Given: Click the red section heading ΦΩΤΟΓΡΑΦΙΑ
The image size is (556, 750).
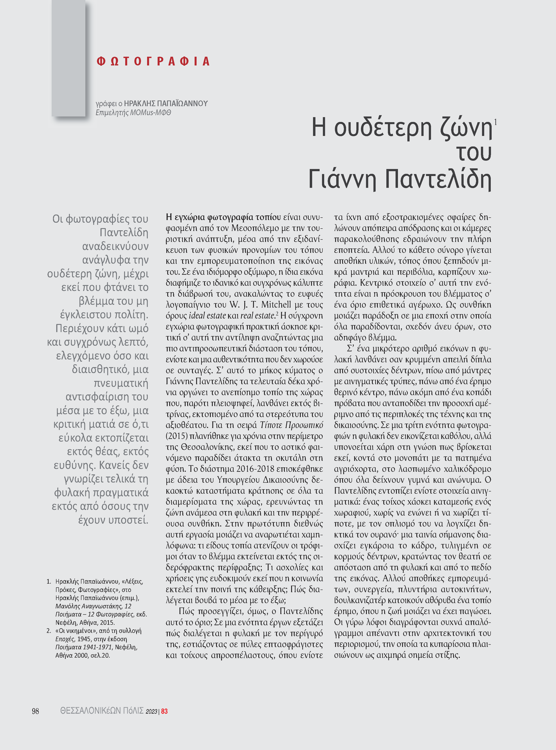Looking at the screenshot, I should pyautogui.click(x=153, y=61).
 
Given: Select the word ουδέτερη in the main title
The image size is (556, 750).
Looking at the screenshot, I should pyautogui.click(x=383, y=128).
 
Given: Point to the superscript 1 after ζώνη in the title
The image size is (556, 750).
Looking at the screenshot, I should pyautogui.click(x=495, y=122).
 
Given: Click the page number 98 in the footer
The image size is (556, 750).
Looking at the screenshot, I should pyautogui.click(x=35, y=711).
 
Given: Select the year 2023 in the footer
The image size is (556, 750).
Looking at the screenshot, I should pyautogui.click(x=151, y=711).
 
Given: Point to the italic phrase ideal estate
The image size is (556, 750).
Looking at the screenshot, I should pyautogui.click(x=207, y=315).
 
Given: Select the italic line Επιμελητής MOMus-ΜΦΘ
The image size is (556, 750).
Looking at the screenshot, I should pyautogui.click(x=133, y=113).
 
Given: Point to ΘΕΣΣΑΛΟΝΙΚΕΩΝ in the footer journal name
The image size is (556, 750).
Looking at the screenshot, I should pyautogui.click(x=90, y=711).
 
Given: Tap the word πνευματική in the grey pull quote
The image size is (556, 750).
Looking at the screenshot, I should pyautogui.click(x=121, y=383).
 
